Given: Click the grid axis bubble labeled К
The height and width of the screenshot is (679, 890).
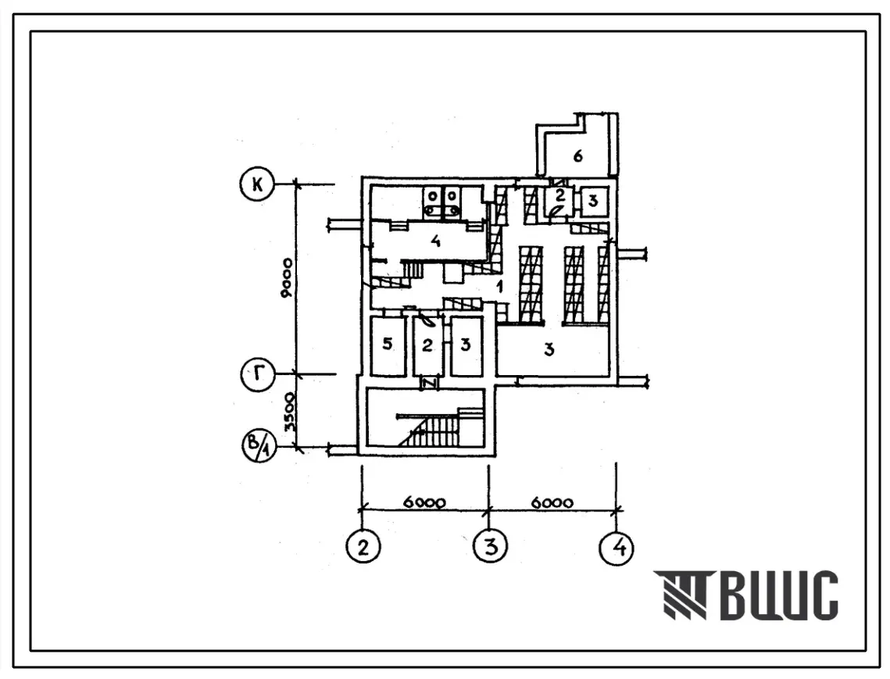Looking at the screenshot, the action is (x=257, y=185).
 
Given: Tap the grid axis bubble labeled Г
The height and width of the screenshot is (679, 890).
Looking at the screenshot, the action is (x=259, y=375).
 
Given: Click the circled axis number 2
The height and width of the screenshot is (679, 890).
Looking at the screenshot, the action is (x=363, y=547).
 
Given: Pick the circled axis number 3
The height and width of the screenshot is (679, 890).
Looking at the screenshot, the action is (x=491, y=546).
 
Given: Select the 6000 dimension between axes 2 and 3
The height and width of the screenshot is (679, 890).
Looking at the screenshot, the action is (x=424, y=502).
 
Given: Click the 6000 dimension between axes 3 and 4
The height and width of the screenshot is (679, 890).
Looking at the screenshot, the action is (x=552, y=502).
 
